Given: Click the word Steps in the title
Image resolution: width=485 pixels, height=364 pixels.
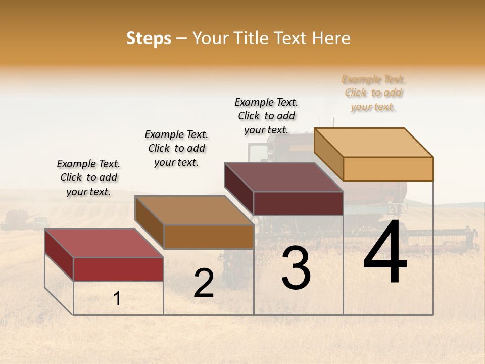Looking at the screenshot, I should (149, 38).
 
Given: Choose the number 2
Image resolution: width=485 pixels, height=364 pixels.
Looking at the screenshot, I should (204, 283).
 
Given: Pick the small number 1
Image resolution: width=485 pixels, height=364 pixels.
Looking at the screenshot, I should (117, 298).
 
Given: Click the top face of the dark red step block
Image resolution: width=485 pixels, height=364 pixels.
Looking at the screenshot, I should (104, 243).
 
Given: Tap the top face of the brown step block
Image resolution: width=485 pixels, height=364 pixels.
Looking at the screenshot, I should (193, 210).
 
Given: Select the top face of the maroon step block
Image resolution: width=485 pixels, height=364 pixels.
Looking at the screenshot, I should (283, 177).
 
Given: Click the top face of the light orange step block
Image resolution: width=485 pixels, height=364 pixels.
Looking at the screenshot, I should (373, 143).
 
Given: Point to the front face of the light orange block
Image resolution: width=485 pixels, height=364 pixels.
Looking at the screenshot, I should (388, 169).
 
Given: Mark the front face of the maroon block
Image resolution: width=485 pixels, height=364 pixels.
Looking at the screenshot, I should (298, 203).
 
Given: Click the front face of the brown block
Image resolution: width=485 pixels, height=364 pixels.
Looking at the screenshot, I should (209, 237).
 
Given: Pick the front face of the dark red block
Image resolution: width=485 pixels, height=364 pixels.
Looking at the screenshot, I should (118, 269).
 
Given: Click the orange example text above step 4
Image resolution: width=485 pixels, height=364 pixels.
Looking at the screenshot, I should (373, 93).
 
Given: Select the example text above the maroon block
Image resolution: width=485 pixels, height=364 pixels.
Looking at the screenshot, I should (266, 116).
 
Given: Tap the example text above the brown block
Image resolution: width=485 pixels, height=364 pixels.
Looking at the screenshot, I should (176, 148).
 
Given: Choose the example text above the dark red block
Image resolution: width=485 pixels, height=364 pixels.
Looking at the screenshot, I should (88, 177).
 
